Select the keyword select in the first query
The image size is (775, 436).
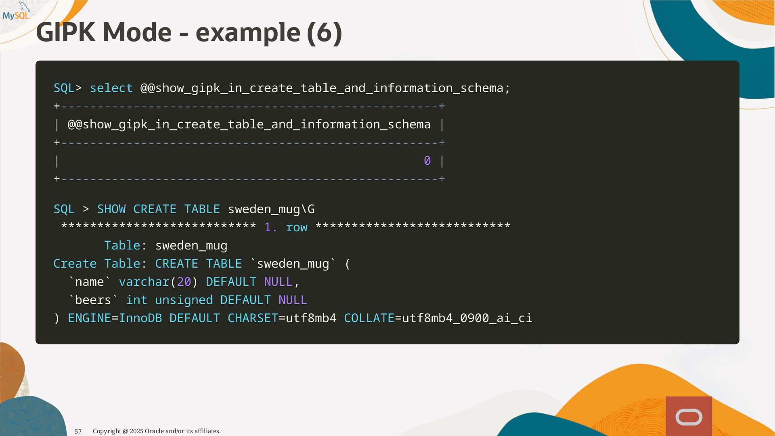click(x=111, y=88)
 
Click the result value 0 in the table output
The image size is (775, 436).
click(x=427, y=161)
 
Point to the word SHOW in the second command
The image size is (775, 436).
click(x=111, y=209)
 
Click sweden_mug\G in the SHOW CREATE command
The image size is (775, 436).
click(x=271, y=209)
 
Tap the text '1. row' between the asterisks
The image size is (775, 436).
click(x=286, y=227)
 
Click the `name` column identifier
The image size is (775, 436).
click(x=90, y=282)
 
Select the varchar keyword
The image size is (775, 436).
click(x=144, y=282)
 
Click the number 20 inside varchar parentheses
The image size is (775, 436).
click(x=184, y=282)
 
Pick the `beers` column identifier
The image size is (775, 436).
click(x=93, y=300)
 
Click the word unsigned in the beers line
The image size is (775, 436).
click(x=184, y=300)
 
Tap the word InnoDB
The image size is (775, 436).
click(x=140, y=318)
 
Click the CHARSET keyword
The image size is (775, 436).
click(x=253, y=318)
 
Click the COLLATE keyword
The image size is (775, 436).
click(x=369, y=318)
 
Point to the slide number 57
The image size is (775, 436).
click(x=78, y=432)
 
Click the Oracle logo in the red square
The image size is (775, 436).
click(x=689, y=417)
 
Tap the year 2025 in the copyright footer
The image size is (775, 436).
click(x=136, y=431)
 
